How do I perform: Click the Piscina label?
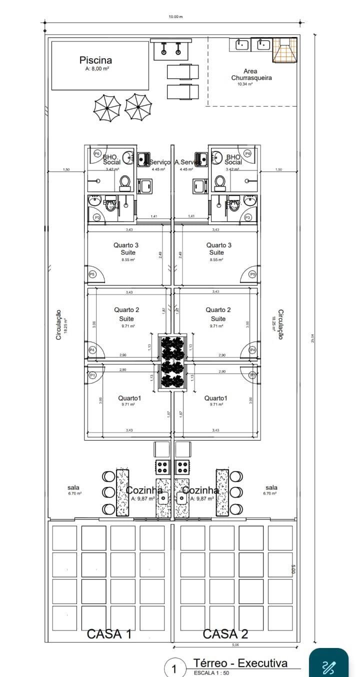coord(95,60)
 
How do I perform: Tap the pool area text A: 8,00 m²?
coord(97,69)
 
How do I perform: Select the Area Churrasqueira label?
coord(251,74)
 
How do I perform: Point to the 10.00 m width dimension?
coord(175,16)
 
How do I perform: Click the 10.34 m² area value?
coord(245,84)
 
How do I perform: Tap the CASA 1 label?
coord(109,634)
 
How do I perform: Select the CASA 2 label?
coord(225,634)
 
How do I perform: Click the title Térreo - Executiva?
coord(240,663)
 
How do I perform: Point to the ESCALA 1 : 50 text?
coord(211,673)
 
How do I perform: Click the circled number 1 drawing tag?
coord(174,669)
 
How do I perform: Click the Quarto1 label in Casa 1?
coord(129,398)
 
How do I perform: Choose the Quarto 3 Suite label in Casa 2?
coord(219,248)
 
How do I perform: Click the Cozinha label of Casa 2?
coord(200,490)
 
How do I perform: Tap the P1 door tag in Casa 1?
coord(92,374)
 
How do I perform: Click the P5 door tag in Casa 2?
coord(252,274)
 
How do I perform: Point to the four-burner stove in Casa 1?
coord(162,467)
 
